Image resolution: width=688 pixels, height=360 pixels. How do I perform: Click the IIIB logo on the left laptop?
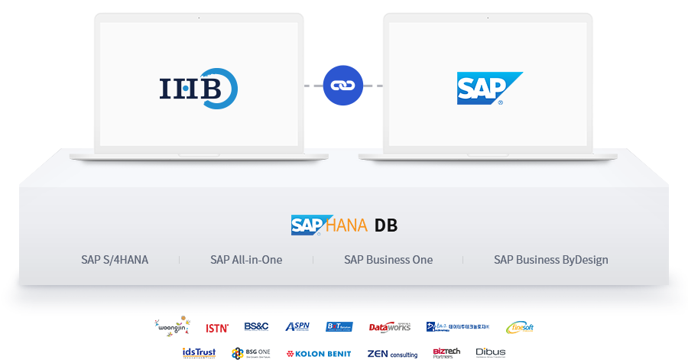(198, 89)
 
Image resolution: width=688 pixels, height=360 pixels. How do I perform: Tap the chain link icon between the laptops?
(343, 85)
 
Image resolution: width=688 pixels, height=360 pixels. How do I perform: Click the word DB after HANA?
(386, 225)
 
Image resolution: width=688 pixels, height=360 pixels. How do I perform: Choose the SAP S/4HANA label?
(115, 260)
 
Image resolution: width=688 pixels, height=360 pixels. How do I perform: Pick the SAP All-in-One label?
(246, 260)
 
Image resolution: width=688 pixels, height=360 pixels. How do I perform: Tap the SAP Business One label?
(388, 260)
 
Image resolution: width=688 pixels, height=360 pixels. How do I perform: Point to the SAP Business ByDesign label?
(550, 260)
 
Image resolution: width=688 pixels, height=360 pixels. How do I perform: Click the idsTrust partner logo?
(201, 352)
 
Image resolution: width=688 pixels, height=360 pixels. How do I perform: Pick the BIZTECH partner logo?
(441, 352)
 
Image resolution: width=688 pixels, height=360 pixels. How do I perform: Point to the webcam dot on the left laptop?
(199, 18)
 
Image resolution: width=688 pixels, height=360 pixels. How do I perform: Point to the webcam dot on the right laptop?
(488, 18)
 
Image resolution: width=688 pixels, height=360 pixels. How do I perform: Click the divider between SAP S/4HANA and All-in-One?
(180, 260)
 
